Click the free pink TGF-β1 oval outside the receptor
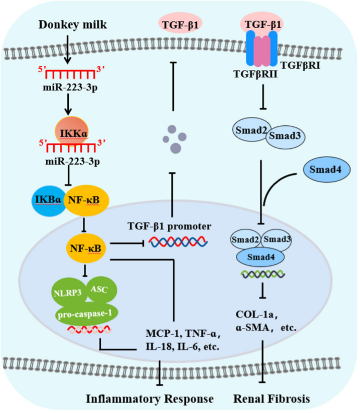pyautogui.click(x=181, y=24)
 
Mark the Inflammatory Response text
pyautogui.click(x=150, y=398)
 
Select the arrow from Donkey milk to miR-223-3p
pyautogui.click(x=69, y=49)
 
